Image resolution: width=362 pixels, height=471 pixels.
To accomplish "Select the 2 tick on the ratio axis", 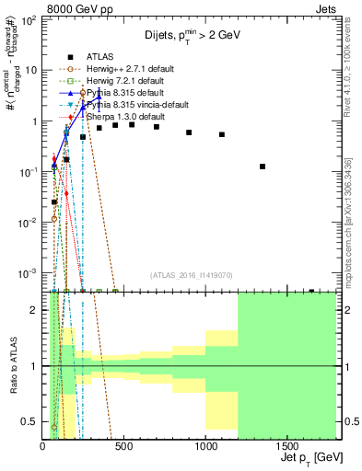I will (x=36, y=310).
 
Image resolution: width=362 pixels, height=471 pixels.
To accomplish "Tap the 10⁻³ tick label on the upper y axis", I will (x=29, y=273).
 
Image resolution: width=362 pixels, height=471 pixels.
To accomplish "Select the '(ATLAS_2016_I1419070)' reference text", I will (x=192, y=275).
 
